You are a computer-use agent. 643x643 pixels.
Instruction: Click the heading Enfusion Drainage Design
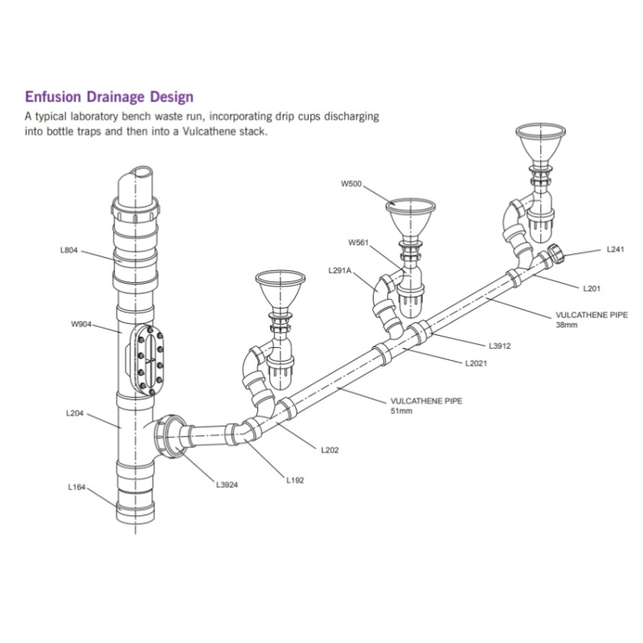click(109, 97)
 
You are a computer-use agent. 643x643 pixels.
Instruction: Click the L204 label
click(75, 414)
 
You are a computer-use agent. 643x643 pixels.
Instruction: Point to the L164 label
click(78, 486)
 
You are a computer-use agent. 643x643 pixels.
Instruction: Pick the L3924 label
click(227, 485)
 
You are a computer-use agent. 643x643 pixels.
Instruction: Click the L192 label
click(295, 480)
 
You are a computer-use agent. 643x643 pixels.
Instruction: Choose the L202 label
click(330, 450)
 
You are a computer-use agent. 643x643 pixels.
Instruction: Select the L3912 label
click(500, 346)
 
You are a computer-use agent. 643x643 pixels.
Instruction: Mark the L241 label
click(615, 250)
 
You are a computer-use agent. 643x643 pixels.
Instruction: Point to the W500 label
click(351, 184)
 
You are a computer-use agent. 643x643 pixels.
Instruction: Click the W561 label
click(358, 242)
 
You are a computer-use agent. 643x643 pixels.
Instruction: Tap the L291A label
click(341, 271)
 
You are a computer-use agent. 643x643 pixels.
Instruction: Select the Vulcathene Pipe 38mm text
click(592, 320)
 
